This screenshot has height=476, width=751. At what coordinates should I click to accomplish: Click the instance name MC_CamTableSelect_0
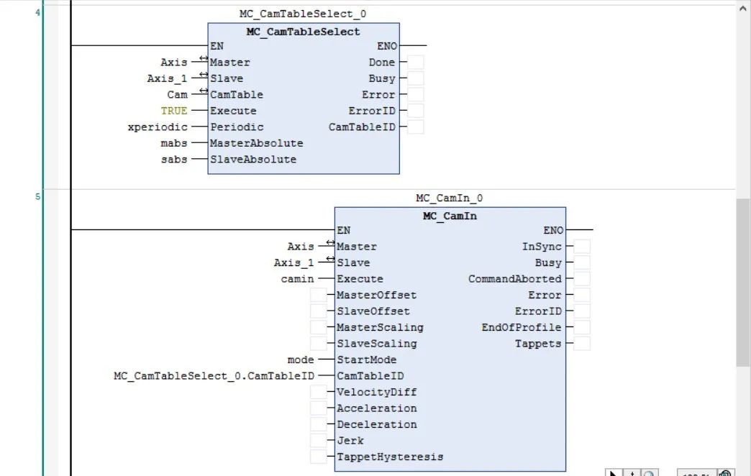[303, 14]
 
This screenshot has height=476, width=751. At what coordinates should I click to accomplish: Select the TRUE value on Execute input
[174, 111]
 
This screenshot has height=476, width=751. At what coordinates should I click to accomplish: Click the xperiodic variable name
[158, 127]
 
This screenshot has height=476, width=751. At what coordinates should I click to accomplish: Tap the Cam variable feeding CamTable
[177, 95]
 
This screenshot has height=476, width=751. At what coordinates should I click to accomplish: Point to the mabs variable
[174, 143]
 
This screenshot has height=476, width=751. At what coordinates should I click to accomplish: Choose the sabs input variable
[174, 160]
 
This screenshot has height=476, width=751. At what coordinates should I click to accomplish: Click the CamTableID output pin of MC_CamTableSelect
[362, 127]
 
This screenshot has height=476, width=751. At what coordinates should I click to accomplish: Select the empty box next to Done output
[415, 63]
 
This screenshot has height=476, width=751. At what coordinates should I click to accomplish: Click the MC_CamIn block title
[450, 216]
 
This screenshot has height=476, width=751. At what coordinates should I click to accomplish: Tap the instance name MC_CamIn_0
[450, 198]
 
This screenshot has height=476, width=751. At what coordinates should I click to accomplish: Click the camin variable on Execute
[297, 279]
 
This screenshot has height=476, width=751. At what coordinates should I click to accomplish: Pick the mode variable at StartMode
[301, 360]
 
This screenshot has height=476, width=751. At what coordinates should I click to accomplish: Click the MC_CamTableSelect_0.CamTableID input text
[214, 376]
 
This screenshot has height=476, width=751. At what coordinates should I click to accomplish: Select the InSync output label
[542, 247]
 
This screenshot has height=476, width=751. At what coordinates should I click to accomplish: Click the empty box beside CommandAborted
[582, 279]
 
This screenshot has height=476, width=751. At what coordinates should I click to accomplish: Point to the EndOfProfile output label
[522, 327]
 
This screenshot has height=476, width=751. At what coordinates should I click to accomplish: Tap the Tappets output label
[537, 344]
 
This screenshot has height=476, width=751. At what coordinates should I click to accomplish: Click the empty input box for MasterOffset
[318, 295]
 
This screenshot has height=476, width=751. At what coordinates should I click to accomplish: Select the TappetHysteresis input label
[390, 457]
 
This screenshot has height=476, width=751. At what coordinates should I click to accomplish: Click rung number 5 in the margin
[38, 196]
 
